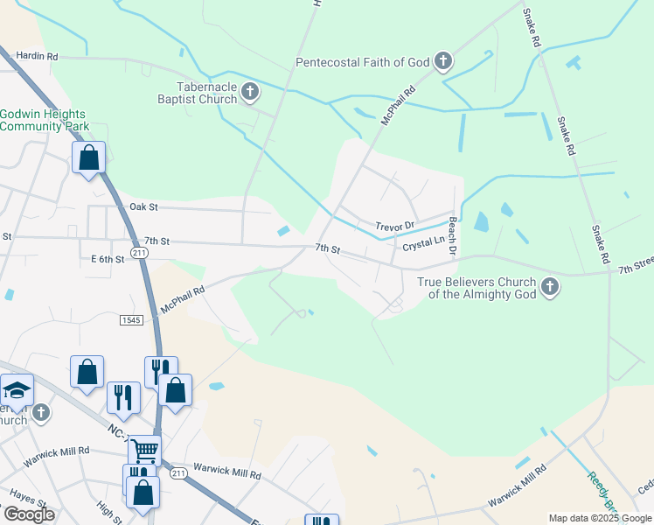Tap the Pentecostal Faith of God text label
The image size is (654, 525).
click(x=362, y=61)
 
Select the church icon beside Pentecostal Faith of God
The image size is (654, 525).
click(x=443, y=61)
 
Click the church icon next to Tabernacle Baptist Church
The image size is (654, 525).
click(x=250, y=92)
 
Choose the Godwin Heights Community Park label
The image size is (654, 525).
click(x=45, y=120)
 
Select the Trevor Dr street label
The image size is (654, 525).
click(x=394, y=227)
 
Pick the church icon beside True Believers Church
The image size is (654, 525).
click(x=549, y=286)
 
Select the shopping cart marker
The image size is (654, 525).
click(x=144, y=451)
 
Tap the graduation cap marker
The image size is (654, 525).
click(x=17, y=389)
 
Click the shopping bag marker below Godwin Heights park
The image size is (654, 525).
click(x=88, y=158)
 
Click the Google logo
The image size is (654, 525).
click(x=28, y=514)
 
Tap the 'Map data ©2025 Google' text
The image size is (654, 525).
click(x=599, y=518)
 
